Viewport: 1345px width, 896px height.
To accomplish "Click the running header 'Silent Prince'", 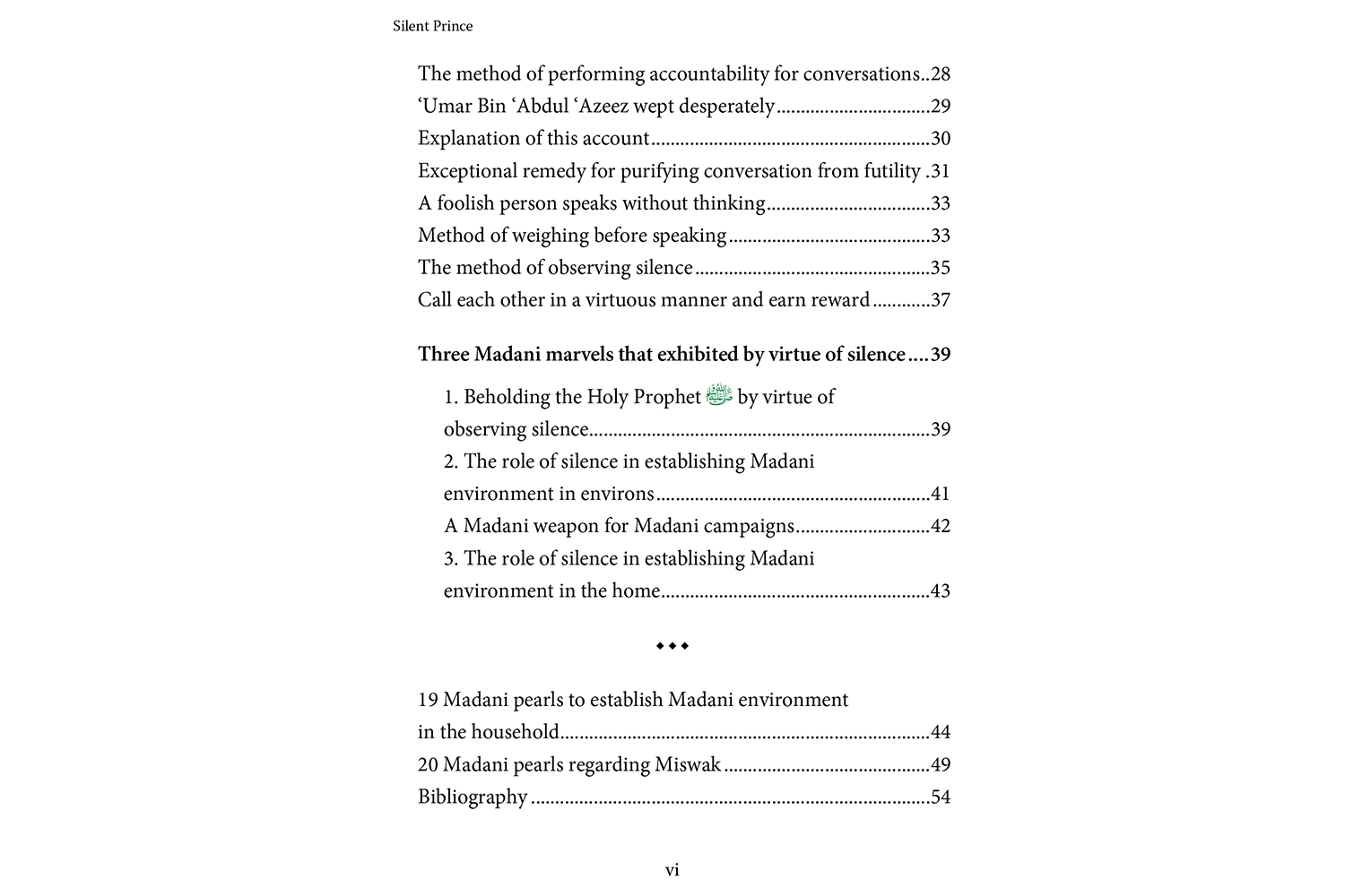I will click(432, 26).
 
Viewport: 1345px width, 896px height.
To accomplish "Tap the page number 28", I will click(940, 73).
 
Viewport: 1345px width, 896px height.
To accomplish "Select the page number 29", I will click(940, 106).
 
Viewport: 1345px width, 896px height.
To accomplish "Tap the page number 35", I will click(940, 268).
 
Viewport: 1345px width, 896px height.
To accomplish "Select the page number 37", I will click(940, 300).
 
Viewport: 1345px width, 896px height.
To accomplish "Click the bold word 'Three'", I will click(443, 355).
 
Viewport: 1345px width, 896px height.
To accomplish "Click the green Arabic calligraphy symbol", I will click(719, 394).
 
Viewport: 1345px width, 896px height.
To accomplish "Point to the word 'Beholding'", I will click(506, 397).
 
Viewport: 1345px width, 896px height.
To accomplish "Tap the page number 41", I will click(940, 494).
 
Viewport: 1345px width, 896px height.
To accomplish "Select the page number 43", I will click(940, 590).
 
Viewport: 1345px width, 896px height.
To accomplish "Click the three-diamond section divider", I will click(672, 645).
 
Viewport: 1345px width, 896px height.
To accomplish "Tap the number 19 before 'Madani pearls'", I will click(428, 700).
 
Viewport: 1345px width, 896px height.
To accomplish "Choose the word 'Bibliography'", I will click(473, 797).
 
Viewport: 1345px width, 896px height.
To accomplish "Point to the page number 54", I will click(940, 797).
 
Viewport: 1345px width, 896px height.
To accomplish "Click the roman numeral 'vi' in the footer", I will click(672, 870).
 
